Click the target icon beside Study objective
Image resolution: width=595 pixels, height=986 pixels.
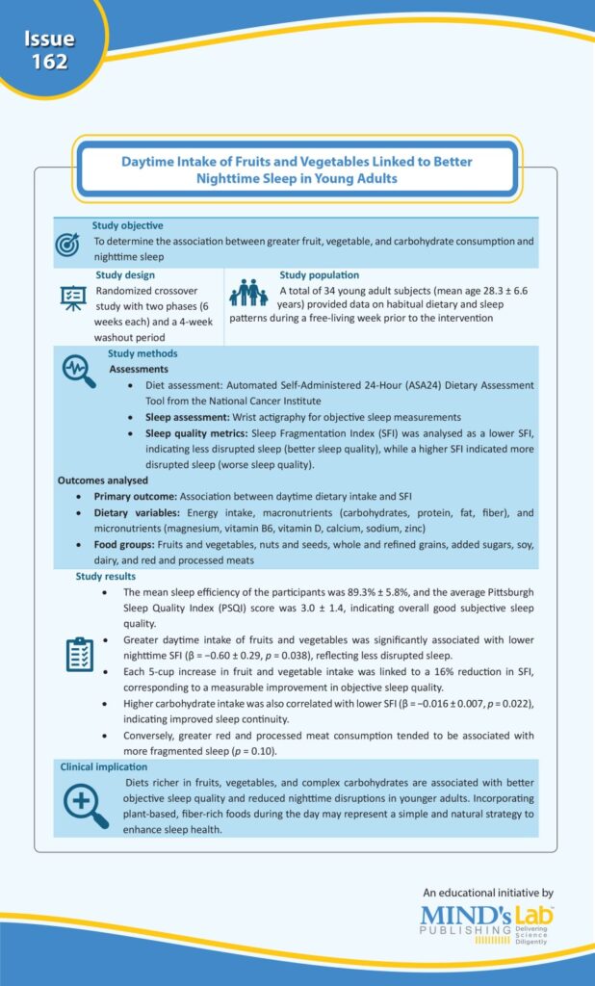coord(67,244)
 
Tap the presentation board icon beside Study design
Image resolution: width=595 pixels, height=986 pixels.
coord(73,300)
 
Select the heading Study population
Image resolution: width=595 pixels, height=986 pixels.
coord(319,275)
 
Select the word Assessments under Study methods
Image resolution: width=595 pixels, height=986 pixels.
coord(139,369)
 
